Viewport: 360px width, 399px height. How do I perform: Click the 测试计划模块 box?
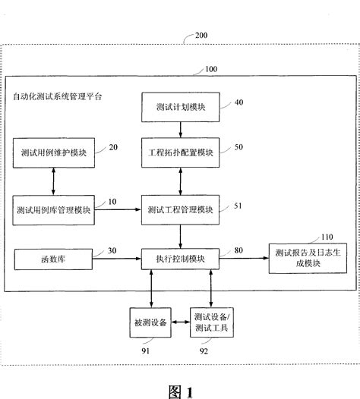[x=179, y=107]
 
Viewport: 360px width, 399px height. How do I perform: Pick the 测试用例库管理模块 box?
[x=52, y=209]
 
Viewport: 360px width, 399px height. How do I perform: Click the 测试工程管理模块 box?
[x=179, y=209]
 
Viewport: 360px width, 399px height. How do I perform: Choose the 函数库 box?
[x=52, y=260]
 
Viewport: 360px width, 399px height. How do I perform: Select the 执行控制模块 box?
[x=179, y=260]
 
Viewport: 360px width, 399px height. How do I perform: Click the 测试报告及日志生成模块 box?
[x=312, y=260]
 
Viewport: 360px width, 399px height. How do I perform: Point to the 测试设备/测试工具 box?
[x=213, y=322]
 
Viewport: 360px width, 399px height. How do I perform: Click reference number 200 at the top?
[x=202, y=36]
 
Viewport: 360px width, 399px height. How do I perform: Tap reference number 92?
[x=215, y=350]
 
